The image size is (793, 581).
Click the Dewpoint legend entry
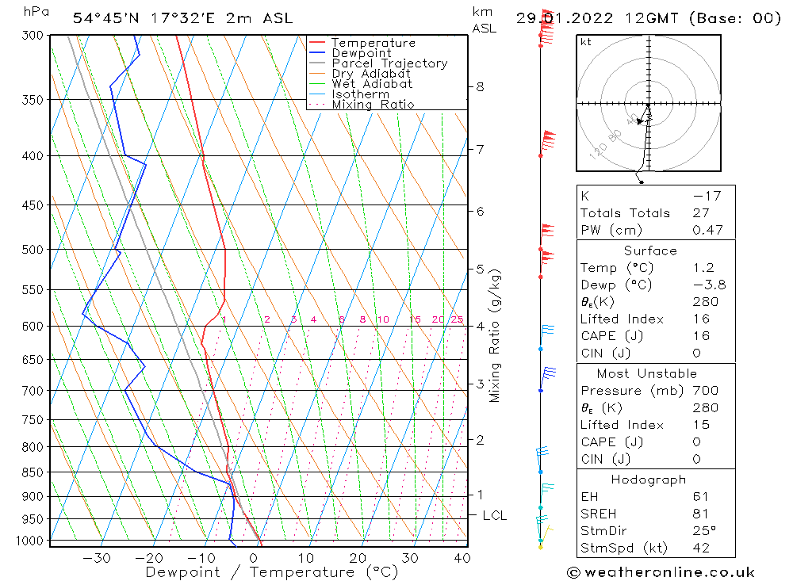361,53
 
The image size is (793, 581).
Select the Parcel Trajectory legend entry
389,63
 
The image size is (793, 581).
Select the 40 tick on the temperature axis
462,558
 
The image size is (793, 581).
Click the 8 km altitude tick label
480,86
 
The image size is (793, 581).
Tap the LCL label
495,515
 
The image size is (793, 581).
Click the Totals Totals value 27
701,212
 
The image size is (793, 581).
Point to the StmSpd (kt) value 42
701,548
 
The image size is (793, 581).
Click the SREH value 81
701,514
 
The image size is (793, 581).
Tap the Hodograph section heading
648,480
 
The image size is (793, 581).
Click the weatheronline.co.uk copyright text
661,572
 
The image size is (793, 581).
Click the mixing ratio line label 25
457,319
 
